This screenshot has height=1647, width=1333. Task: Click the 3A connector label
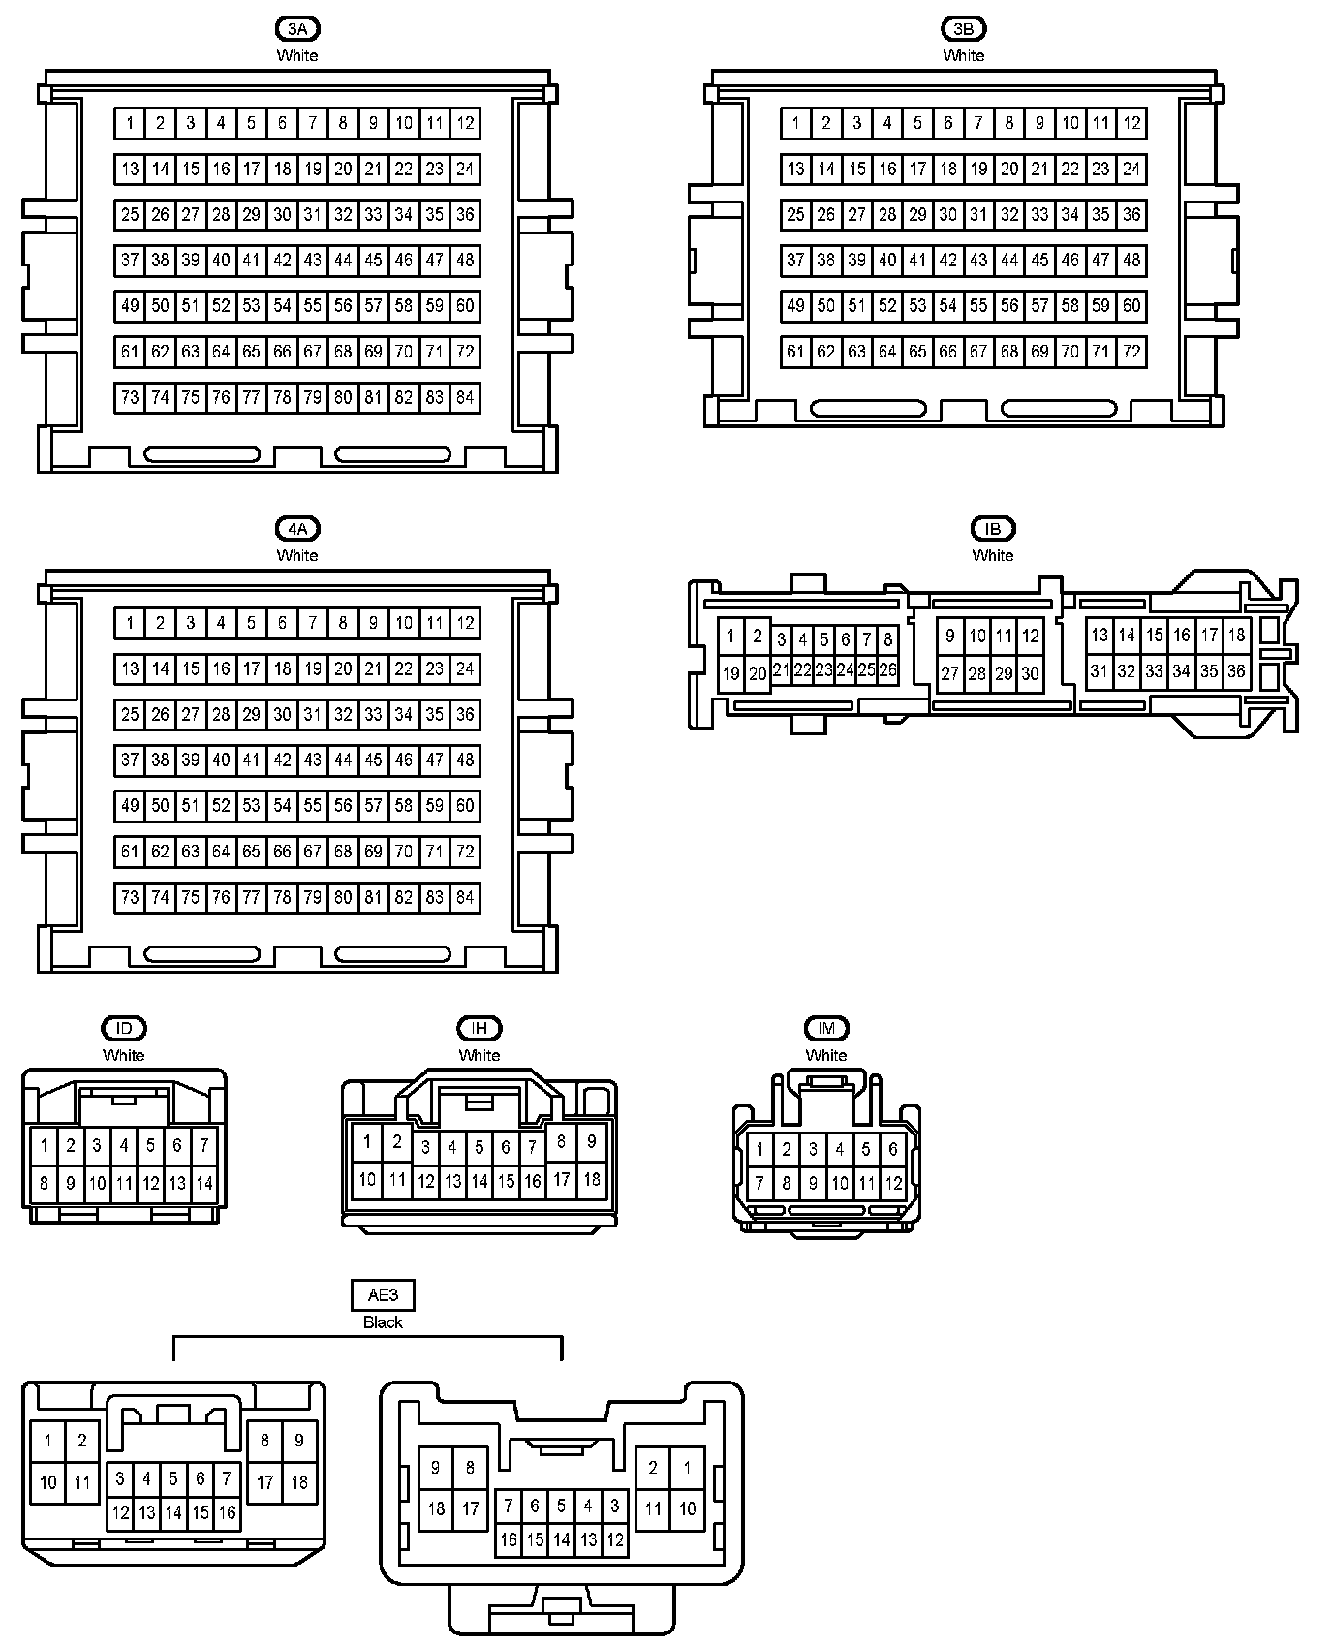point(297,29)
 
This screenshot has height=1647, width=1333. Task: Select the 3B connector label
point(963,29)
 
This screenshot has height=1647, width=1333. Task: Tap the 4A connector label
point(297,529)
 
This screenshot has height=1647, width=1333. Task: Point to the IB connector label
point(992,529)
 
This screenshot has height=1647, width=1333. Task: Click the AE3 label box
point(383,1295)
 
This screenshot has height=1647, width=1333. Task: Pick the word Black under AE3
point(383,1322)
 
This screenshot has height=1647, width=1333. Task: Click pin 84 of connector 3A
point(465,397)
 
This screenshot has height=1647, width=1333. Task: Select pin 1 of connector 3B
point(795,123)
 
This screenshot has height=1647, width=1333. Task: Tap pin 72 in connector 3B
point(1131,352)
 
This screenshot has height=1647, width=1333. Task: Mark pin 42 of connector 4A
point(282,761)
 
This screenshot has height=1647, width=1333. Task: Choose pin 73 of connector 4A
point(130,897)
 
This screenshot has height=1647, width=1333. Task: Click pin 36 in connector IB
point(1236,670)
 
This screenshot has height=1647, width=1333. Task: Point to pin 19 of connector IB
point(731,674)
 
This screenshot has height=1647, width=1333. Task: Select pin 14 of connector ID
point(203,1183)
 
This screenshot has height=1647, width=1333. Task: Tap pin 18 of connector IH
point(591,1179)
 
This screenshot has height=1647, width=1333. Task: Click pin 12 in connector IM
point(893,1183)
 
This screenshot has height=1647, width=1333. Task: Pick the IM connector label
point(826,1028)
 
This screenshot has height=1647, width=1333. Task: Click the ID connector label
point(123,1028)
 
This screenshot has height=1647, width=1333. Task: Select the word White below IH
point(479,1055)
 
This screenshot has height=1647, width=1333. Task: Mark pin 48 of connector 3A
point(465,260)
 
